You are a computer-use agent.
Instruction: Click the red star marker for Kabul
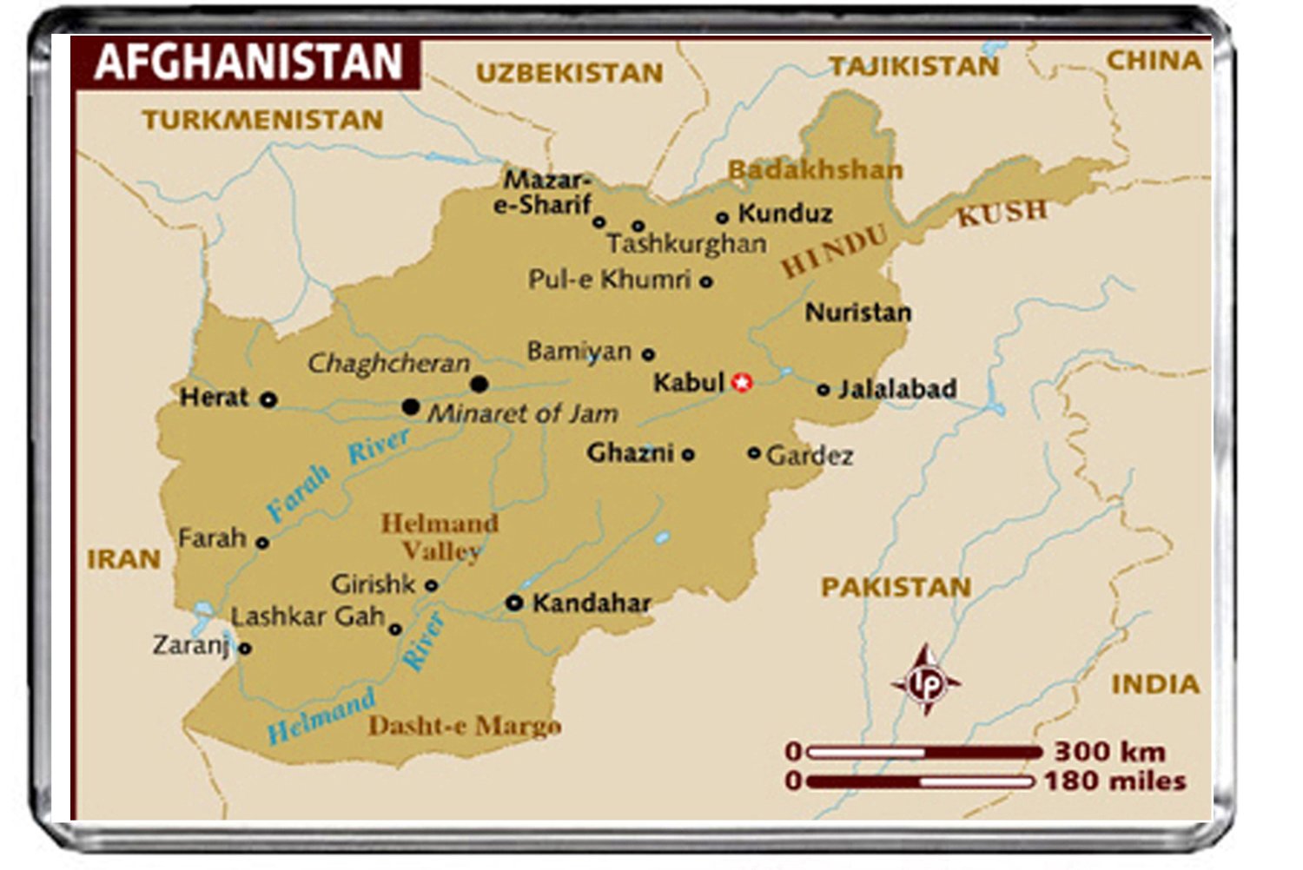tap(741, 382)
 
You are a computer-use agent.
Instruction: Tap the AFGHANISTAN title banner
tap(248, 63)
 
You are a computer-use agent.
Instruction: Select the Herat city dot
tap(269, 399)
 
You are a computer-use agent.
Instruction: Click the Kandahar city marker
tap(514, 602)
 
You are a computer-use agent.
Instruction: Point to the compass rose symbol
tap(926, 682)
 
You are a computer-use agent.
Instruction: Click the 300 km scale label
tap(1109, 751)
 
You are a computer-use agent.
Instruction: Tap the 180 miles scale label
tap(1114, 781)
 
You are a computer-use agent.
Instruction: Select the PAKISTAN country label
tap(896, 588)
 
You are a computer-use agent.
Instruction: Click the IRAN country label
tap(123, 559)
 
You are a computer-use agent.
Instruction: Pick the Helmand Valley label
tap(440, 537)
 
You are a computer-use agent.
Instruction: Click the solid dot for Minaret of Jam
tap(411, 406)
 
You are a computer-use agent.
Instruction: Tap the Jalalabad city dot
tap(823, 390)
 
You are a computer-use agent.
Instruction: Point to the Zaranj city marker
tap(245, 648)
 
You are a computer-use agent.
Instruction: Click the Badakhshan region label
tap(815, 169)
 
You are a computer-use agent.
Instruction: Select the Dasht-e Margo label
tap(464, 726)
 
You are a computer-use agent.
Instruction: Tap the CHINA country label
tap(1154, 61)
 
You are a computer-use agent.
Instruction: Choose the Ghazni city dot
tap(688, 454)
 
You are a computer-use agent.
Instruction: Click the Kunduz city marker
tap(722, 217)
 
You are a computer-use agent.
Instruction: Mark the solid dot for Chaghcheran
tap(479, 384)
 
